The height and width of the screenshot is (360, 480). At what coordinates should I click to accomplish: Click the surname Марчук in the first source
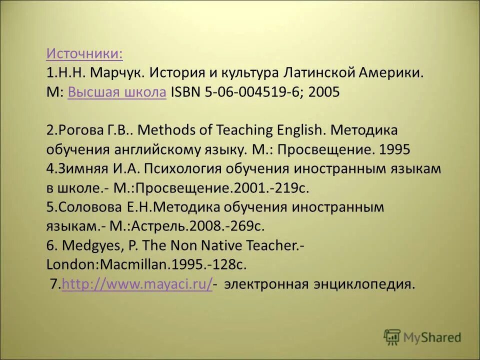pyautogui.click(x=118, y=73)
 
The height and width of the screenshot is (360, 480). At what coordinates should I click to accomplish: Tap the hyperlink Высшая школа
pyautogui.click(x=116, y=92)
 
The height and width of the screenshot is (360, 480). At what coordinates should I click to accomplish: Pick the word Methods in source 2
pyautogui.click(x=165, y=130)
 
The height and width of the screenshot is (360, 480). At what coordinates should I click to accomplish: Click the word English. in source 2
pyautogui.click(x=297, y=130)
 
